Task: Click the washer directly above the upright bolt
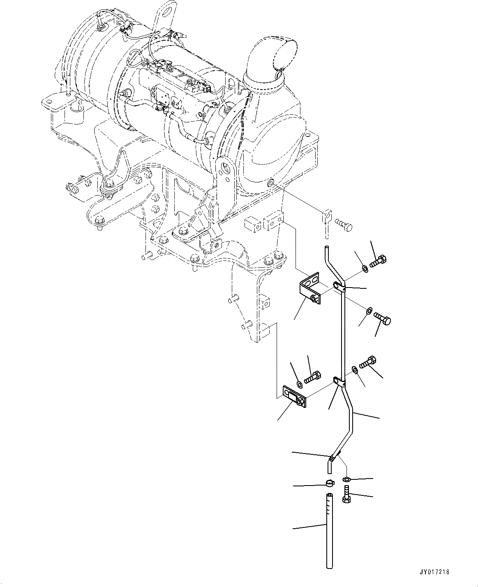[x=347, y=479]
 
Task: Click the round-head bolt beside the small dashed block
[x=344, y=224]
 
